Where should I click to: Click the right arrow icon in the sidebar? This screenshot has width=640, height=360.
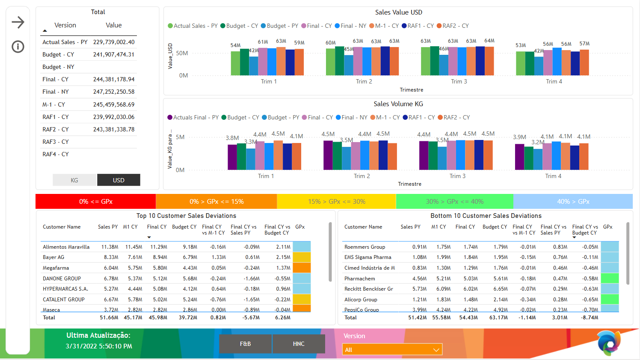18,22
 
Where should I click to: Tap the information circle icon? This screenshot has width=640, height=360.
18,47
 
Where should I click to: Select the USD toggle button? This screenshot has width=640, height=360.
119,180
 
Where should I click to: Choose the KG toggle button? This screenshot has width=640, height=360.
74,180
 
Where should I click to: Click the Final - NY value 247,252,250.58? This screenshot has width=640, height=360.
114,92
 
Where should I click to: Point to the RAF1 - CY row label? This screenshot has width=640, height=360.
56,117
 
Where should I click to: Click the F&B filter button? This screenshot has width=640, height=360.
245,344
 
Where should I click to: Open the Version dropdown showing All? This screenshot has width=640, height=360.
392,350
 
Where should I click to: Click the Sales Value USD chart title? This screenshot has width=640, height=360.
398,12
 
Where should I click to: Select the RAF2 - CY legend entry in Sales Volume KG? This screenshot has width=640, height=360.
453,117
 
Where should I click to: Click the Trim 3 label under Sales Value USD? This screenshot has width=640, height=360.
459,81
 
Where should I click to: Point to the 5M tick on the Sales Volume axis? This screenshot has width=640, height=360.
180,137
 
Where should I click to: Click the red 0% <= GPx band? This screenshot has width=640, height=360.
96,202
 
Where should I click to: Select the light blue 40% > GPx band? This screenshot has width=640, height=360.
573,202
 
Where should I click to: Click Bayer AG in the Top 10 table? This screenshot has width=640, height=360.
53,257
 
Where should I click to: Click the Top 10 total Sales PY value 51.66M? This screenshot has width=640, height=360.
109,318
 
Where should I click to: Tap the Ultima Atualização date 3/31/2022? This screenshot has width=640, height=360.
99,346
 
